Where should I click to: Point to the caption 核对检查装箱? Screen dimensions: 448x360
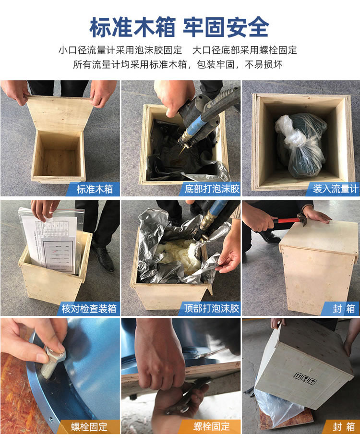click(89, 308)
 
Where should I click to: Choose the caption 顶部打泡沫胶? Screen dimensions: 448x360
click(211, 308)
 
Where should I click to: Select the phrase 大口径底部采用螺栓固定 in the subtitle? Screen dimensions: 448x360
click(245, 50)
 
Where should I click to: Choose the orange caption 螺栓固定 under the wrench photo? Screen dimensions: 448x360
click(211, 426)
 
